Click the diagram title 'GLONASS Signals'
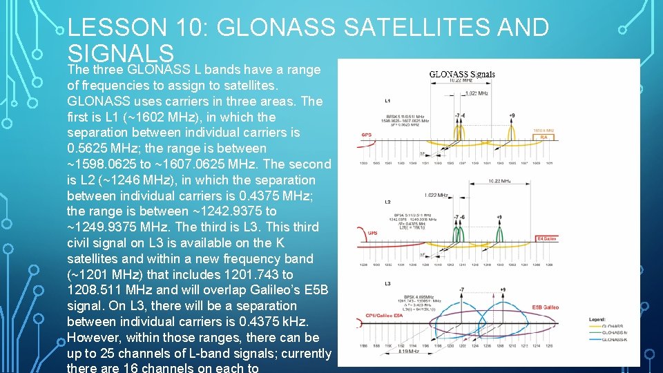462,74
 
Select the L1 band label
390,101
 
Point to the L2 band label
390,201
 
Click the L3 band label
388,283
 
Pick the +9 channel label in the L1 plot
511,115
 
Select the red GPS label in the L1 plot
367,135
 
